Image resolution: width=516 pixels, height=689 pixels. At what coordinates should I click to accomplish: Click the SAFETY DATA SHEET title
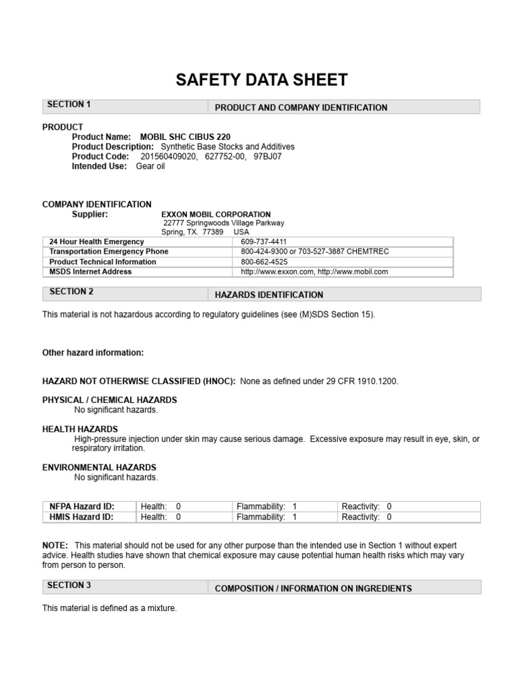click(x=262, y=80)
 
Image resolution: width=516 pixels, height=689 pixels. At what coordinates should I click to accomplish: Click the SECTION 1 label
click(x=69, y=105)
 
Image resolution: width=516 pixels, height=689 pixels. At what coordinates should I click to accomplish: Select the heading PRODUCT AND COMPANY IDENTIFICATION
click(x=301, y=108)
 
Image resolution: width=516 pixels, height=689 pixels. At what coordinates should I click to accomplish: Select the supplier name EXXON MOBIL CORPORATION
click(x=216, y=215)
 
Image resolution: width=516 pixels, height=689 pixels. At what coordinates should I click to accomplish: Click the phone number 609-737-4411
click(x=263, y=242)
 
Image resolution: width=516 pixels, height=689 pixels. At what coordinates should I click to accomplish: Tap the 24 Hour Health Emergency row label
click(x=97, y=242)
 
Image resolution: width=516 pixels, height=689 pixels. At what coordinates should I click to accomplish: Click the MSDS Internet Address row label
click(x=91, y=272)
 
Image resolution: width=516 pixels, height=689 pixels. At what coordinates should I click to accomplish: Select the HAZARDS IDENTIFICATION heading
click(x=269, y=295)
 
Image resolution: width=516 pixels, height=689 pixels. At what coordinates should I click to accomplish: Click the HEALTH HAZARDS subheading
click(x=80, y=429)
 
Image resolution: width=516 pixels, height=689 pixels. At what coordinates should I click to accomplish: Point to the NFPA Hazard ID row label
click(x=82, y=507)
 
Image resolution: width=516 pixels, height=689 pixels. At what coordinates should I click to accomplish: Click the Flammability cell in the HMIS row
click(x=266, y=517)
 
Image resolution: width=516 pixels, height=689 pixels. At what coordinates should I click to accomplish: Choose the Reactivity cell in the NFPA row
click(x=367, y=507)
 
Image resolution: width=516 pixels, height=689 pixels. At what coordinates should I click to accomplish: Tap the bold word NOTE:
click(x=55, y=545)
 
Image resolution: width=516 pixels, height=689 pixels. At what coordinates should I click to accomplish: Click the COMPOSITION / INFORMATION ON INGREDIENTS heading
click(x=313, y=588)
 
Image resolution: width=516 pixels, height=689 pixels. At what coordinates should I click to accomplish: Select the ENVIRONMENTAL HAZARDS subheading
click(x=99, y=468)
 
